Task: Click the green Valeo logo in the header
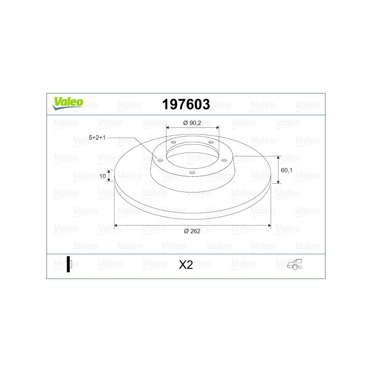click(x=67, y=103)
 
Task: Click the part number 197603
click(x=186, y=104)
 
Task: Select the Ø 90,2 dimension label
click(x=192, y=123)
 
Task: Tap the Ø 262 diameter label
click(x=192, y=231)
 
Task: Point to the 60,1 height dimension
click(x=286, y=170)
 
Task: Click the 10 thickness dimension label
click(x=102, y=176)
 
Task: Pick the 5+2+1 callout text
click(x=97, y=137)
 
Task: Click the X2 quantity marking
click(x=186, y=265)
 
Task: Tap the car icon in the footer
click(x=294, y=264)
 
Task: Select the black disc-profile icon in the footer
click(x=69, y=264)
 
